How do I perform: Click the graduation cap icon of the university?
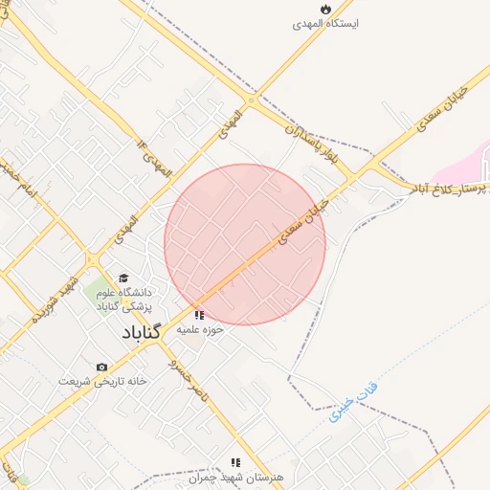[x=123, y=278]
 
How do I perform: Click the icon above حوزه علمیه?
[x=199, y=314]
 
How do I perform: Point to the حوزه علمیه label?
[x=199, y=330]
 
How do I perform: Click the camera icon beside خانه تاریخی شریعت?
[x=101, y=367]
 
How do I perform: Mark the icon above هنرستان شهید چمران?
[x=235, y=462]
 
